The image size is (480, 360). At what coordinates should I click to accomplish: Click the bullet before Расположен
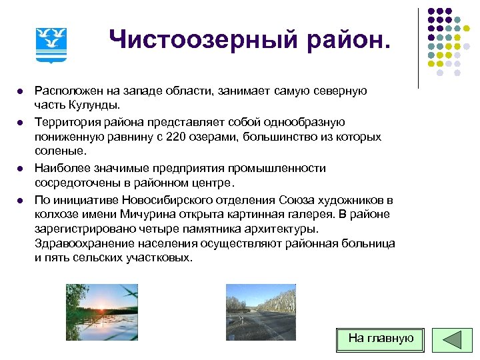tap(21, 91)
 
